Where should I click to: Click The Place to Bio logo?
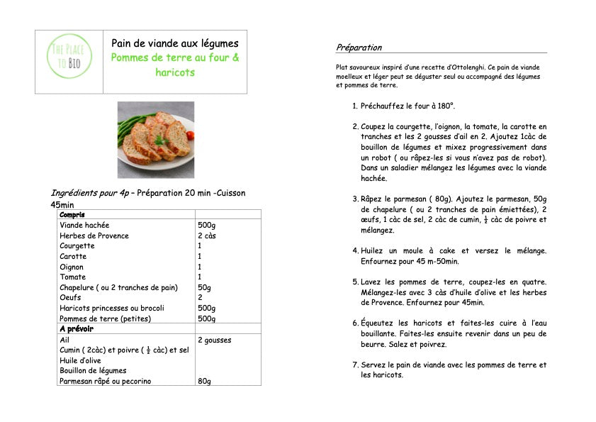click(x=70, y=62)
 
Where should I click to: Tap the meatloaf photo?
click(x=155, y=140)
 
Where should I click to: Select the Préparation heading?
click(x=359, y=48)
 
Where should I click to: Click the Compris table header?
click(x=72, y=214)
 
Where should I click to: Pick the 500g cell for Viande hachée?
click(x=206, y=225)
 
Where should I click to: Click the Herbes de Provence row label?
click(x=94, y=235)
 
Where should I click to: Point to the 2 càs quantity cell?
click(x=208, y=235)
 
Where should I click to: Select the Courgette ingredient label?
click(x=77, y=246)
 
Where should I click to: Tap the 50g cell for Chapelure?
click(x=204, y=287)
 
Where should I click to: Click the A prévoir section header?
click(x=77, y=329)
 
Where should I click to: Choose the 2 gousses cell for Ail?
click(x=215, y=340)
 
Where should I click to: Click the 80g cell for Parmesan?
click(x=204, y=381)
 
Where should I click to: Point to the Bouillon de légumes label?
click(x=93, y=370)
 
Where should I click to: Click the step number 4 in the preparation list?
click(x=355, y=251)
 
